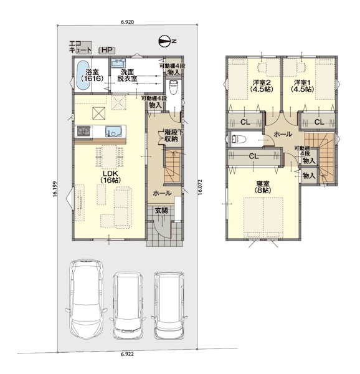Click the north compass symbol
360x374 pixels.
click(x=165, y=41)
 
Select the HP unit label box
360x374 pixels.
click(x=107, y=50)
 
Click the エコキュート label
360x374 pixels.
click(x=80, y=47)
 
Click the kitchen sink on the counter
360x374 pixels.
click(x=113, y=132)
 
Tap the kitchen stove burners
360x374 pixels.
click(x=83, y=131)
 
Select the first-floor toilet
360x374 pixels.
click(x=173, y=87)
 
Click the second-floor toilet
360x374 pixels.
click(x=239, y=139)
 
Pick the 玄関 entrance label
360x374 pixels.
click(x=161, y=211)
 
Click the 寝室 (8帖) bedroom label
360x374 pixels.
click(x=263, y=187)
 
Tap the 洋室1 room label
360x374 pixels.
click(x=302, y=86)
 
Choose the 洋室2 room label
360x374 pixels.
click(x=262, y=86)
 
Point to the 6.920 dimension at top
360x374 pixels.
click(x=128, y=22)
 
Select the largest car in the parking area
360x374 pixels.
click(x=86, y=300)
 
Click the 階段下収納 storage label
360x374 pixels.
click(x=171, y=136)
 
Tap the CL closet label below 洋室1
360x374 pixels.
click(x=319, y=122)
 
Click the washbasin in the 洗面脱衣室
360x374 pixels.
click(x=118, y=63)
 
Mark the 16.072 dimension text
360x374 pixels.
click(x=200, y=187)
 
